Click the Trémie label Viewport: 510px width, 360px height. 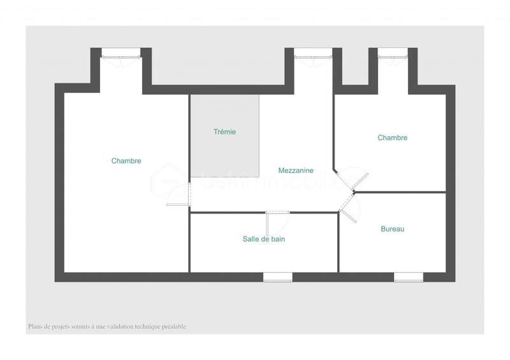(224, 132)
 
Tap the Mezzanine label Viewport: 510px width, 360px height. (296, 171)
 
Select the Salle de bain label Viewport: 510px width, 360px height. (264, 240)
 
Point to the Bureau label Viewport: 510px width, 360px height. (393, 229)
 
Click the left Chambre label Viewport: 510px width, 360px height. (126, 161)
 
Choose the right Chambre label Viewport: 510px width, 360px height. (393, 138)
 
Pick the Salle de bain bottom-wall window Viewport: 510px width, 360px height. (278, 277)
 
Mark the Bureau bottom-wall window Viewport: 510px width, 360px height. (408, 277)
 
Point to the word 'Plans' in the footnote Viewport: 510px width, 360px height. (35, 327)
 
